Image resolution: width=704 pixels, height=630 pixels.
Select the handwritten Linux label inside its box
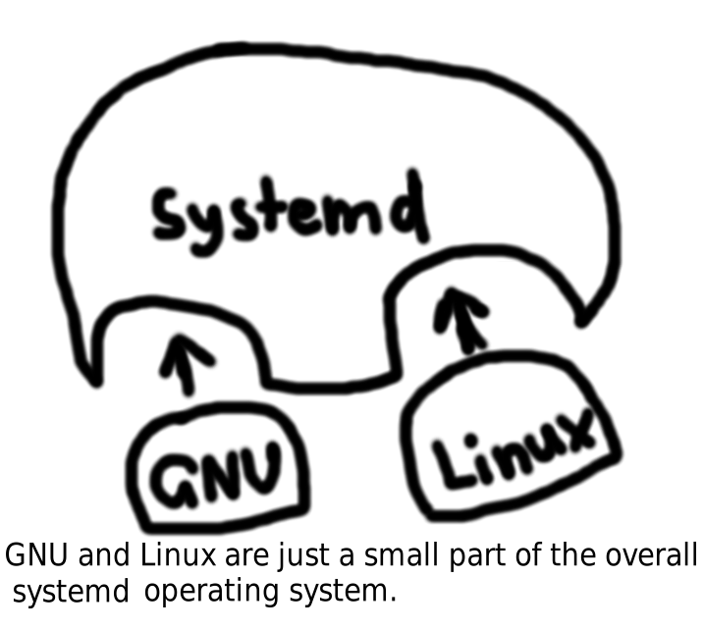(x=514, y=447)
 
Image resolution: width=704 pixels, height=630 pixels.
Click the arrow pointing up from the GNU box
(x=187, y=364)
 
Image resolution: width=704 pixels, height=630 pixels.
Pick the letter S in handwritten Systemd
(x=168, y=214)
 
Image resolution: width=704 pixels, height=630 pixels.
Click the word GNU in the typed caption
(x=36, y=554)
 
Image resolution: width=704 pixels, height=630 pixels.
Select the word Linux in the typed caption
(x=179, y=554)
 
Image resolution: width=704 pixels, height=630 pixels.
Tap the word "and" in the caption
(x=104, y=554)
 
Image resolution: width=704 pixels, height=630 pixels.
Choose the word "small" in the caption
(x=401, y=554)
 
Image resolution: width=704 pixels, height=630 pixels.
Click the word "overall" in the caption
(x=651, y=554)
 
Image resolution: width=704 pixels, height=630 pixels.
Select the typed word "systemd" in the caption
(x=71, y=591)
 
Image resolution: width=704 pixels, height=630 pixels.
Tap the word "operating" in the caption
(x=211, y=593)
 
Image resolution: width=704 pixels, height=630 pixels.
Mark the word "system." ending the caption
(x=343, y=593)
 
